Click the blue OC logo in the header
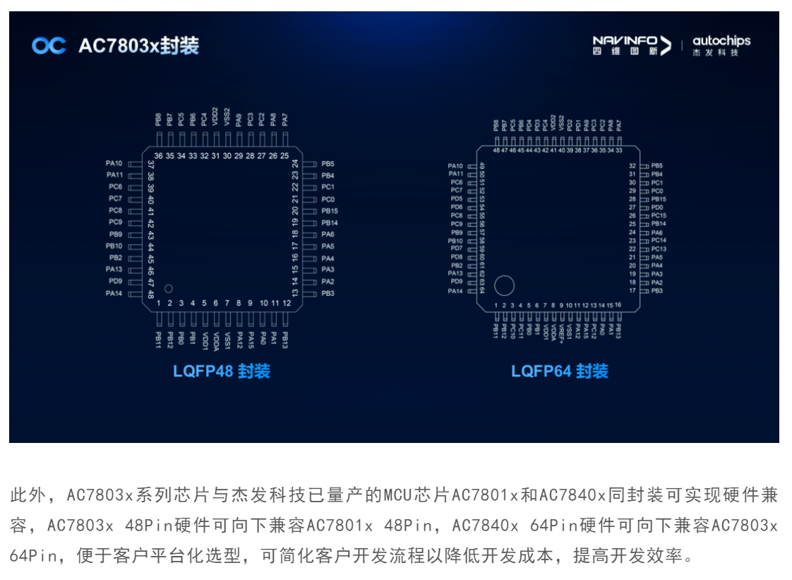click(x=49, y=46)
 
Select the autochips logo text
click(x=721, y=44)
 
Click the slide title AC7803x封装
click(x=138, y=46)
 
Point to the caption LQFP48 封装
click(x=221, y=371)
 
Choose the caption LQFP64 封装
click(x=559, y=371)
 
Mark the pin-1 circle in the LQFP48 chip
click(x=168, y=288)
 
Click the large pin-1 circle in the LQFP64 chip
click(x=504, y=285)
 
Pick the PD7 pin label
click(x=456, y=249)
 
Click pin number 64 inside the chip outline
click(x=482, y=290)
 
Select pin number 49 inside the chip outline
click(x=482, y=166)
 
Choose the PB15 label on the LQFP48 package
click(x=330, y=211)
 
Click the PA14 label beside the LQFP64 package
click(x=456, y=291)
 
